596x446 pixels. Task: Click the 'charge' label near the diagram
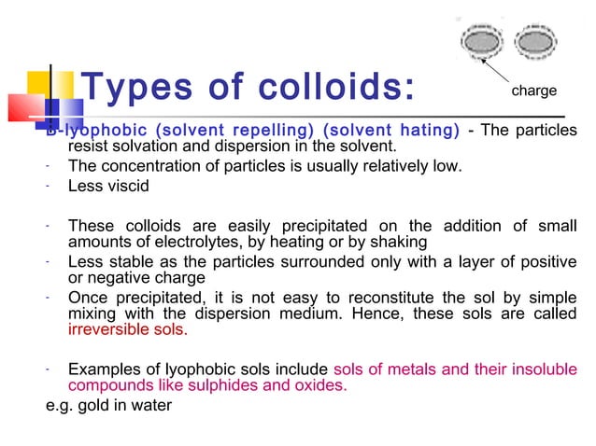[533, 91]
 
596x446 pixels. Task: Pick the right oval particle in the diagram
[533, 43]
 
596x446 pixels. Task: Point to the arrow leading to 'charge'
[495, 72]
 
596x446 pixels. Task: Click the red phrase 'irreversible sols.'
[128, 329]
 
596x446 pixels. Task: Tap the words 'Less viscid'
[108, 186]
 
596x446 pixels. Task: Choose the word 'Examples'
[105, 369]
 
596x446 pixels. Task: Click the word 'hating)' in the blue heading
[426, 131]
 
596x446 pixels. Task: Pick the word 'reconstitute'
[352, 297]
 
